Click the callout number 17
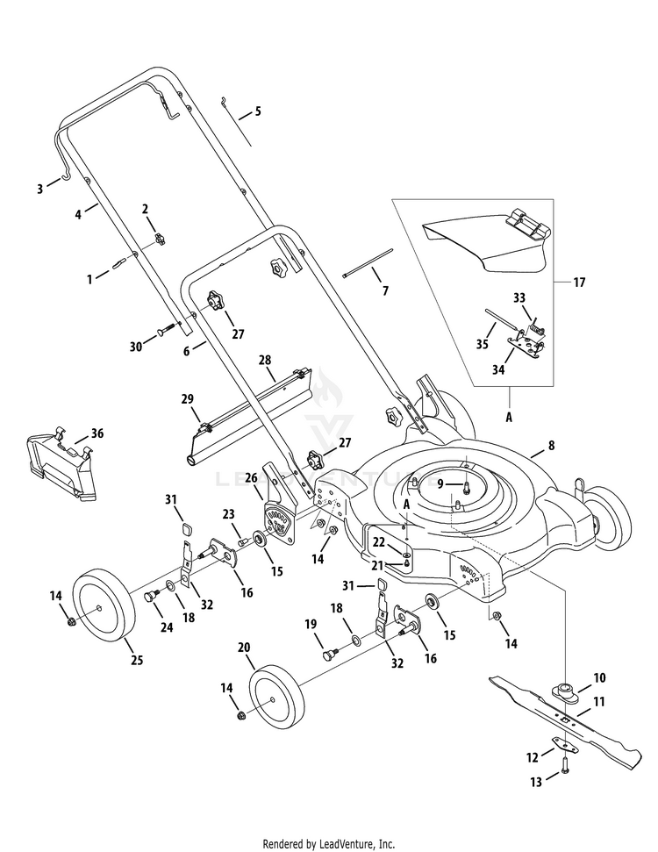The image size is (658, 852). (578, 283)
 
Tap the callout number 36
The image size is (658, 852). (97, 433)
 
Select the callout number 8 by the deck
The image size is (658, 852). (551, 446)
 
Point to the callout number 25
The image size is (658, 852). (112, 659)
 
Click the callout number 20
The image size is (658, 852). (244, 647)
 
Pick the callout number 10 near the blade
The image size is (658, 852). (599, 677)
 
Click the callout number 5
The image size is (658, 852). (258, 111)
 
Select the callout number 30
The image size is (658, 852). (135, 346)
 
